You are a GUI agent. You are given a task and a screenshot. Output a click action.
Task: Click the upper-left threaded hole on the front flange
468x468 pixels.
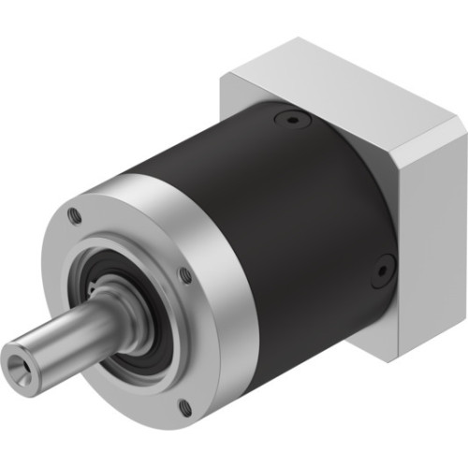click(x=76, y=217)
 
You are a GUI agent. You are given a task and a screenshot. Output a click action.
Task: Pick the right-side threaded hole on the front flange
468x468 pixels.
click(x=186, y=274)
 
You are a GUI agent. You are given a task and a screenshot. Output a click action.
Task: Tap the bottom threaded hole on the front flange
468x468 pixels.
click(x=183, y=405)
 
